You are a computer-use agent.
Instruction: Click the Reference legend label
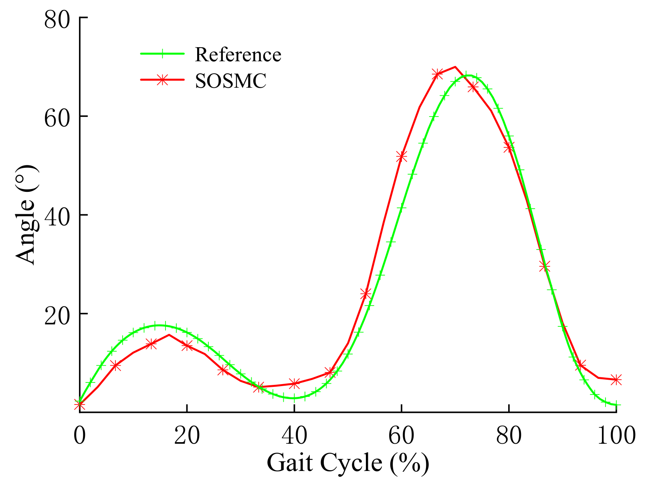[x=238, y=54]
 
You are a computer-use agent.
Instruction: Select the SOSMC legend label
[x=230, y=81]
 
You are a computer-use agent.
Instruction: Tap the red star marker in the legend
[x=162, y=80]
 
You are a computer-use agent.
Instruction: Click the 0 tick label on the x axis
[x=79, y=435]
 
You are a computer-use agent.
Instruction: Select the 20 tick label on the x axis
[x=187, y=435]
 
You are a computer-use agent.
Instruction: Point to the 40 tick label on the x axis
[x=294, y=435]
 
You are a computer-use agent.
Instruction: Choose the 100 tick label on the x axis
[x=616, y=435]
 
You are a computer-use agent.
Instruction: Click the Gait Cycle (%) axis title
[x=348, y=463]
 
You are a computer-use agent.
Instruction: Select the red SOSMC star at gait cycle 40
[x=295, y=383]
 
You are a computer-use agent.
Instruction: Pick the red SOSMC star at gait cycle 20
[x=187, y=346]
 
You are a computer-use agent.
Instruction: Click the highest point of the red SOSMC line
[x=455, y=67]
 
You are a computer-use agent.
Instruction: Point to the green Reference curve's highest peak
[x=467, y=75]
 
